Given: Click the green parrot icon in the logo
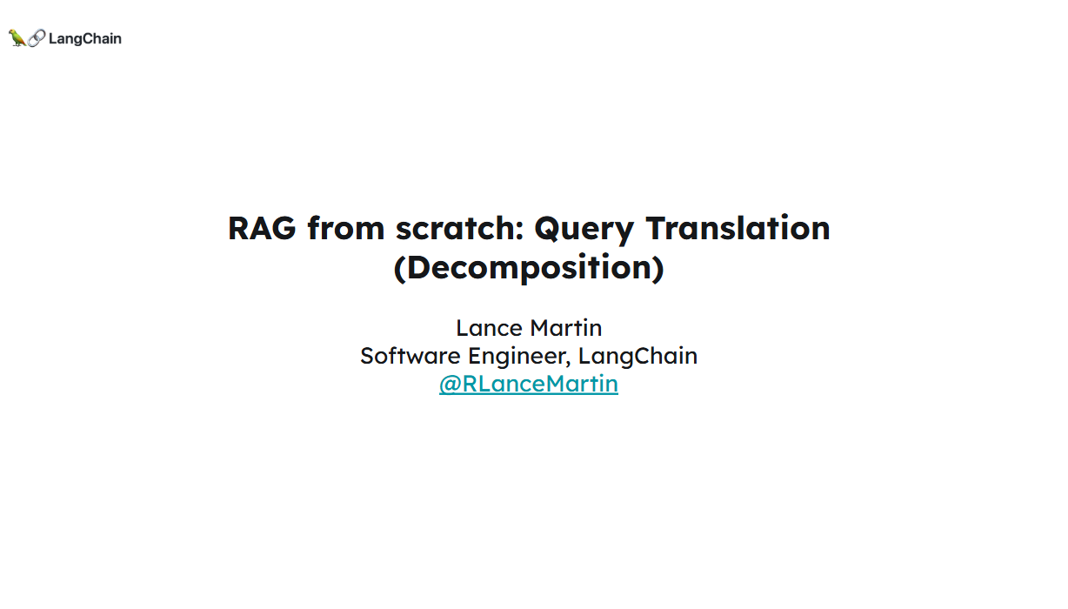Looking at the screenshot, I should [17, 38].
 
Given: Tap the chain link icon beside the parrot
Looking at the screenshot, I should [37, 38].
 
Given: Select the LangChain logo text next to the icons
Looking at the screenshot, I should [85, 38].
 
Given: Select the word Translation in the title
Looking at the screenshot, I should [738, 228].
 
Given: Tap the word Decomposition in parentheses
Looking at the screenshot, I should [529, 267].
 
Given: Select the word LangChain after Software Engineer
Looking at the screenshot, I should [637, 357].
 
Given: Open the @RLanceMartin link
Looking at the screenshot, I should [529, 384].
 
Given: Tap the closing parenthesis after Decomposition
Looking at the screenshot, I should [658, 268].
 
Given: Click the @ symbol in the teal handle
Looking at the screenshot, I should [450, 385].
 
